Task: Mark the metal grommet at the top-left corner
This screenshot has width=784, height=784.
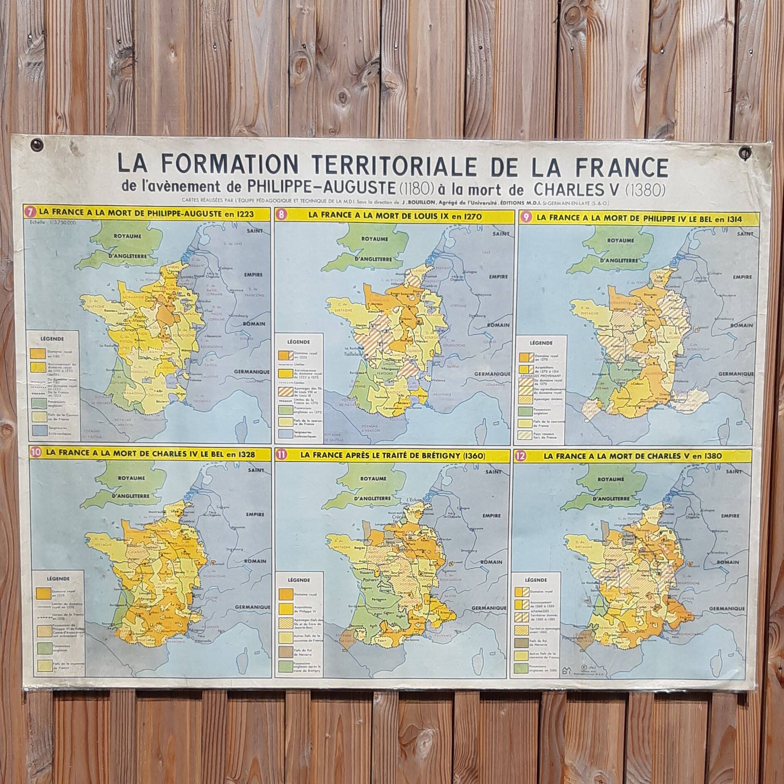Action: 37,145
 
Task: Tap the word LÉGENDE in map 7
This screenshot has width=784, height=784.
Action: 52,338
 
